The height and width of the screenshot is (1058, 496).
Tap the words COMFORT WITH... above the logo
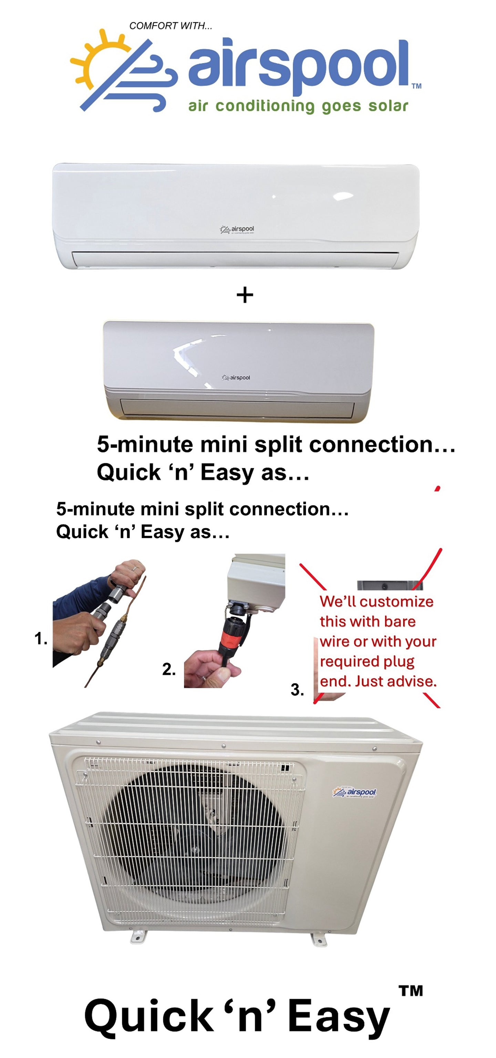[170, 26]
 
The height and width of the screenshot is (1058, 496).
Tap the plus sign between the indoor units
[245, 295]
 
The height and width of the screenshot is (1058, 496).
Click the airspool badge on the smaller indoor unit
[236, 377]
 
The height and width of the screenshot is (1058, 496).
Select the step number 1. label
[41, 639]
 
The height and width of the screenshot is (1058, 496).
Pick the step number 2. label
[169, 669]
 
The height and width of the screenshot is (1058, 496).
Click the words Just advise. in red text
[396, 681]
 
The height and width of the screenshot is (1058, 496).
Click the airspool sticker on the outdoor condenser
[354, 792]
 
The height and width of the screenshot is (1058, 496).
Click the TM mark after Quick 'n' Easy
[411, 991]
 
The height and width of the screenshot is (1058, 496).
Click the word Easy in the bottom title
[339, 1017]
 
